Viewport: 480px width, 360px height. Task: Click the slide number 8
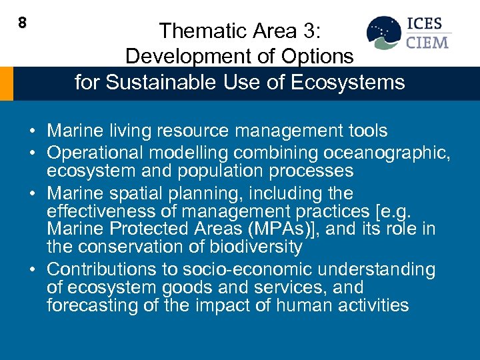[x=22, y=23]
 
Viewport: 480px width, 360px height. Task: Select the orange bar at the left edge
[x=6, y=83]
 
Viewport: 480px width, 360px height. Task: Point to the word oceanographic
[x=383, y=153]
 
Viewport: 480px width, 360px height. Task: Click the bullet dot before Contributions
[x=33, y=270]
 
